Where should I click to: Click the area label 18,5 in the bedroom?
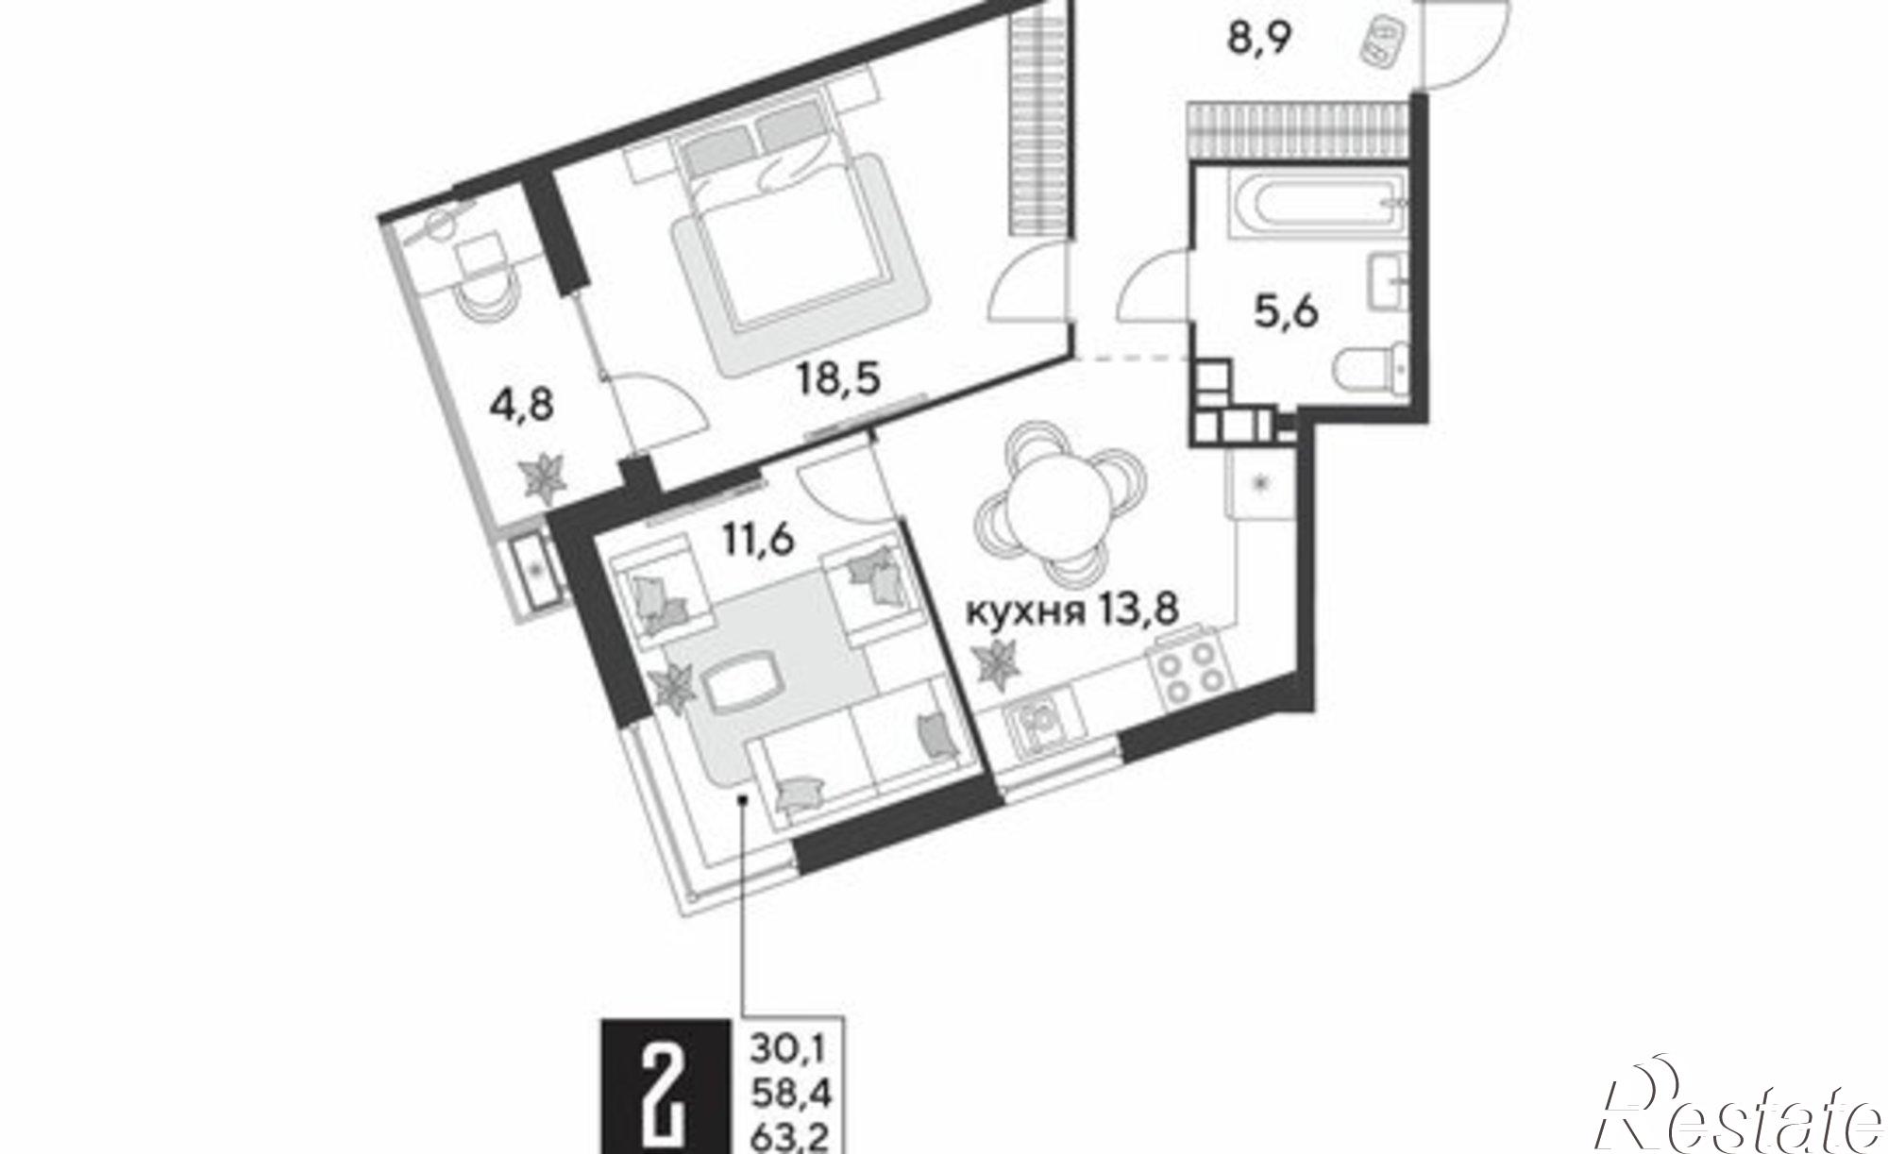[x=838, y=380]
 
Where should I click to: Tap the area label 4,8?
[x=521, y=407]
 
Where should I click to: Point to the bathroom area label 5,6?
[x=1286, y=310]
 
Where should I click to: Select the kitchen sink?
[x=1041, y=727]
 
